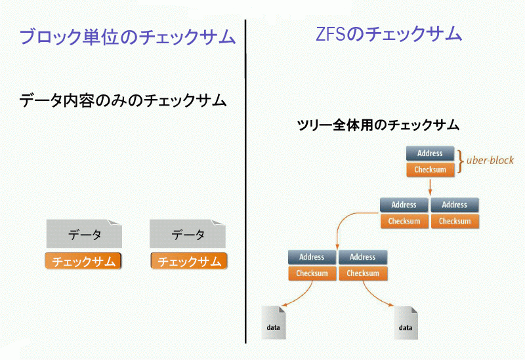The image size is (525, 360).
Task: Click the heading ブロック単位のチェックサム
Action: pos(127,37)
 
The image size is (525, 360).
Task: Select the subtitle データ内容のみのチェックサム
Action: pos(123,101)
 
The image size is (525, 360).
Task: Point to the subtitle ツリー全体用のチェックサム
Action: pos(377,124)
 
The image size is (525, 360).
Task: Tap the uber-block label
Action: pos(490,160)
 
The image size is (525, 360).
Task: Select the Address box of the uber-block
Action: pos(430,153)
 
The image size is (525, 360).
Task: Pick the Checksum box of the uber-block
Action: pos(430,170)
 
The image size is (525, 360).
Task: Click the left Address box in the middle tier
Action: pos(404,205)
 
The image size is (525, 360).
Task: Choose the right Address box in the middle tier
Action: pos(454,205)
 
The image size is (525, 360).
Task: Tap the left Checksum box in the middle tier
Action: pos(404,221)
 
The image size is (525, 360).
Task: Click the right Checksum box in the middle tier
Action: pos(454,221)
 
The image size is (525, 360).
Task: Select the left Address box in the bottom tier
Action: pos(312,257)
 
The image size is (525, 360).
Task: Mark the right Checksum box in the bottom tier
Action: pos(362,273)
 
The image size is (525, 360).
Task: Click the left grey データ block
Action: pos(84,233)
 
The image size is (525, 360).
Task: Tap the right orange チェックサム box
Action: pos(189,261)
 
